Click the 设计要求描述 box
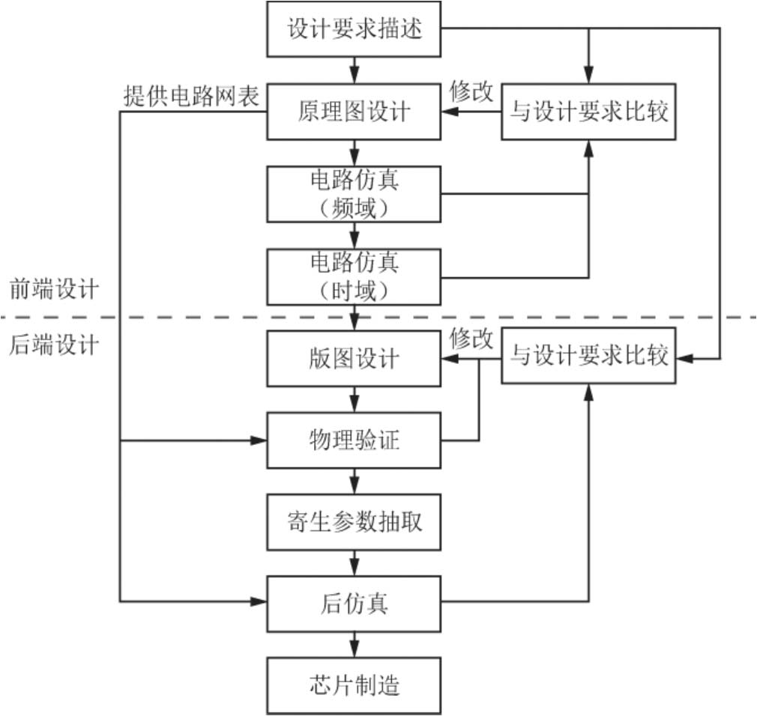pyautogui.click(x=355, y=28)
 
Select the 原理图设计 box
pyautogui.click(x=355, y=112)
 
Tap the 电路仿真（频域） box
pyautogui.click(x=355, y=193)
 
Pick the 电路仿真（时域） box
pyautogui.click(x=355, y=276)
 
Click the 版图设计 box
pyautogui.click(x=355, y=359)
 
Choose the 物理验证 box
pyautogui.click(x=355, y=440)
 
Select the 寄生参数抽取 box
pyautogui.click(x=355, y=521)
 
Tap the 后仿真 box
pyautogui.click(x=355, y=601)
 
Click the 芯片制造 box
pyautogui.click(x=355, y=684)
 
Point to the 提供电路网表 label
pyautogui.click(x=191, y=96)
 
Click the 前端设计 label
pyautogui.click(x=53, y=289)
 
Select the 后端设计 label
pyautogui.click(x=53, y=345)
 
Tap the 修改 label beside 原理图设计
pyautogui.click(x=471, y=91)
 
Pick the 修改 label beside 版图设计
pyautogui.click(x=471, y=339)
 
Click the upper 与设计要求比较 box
pyautogui.click(x=588, y=112)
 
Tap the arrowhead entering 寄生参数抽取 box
pyautogui.click(x=355, y=487)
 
